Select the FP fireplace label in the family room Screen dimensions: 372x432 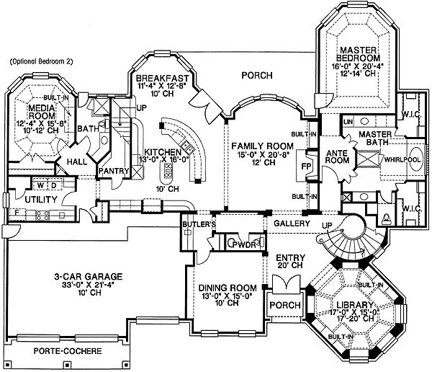tap(304, 164)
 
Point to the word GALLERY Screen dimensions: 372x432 tap(291, 223)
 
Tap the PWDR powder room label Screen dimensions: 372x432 tap(235, 245)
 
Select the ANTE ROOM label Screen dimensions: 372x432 tap(338, 156)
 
